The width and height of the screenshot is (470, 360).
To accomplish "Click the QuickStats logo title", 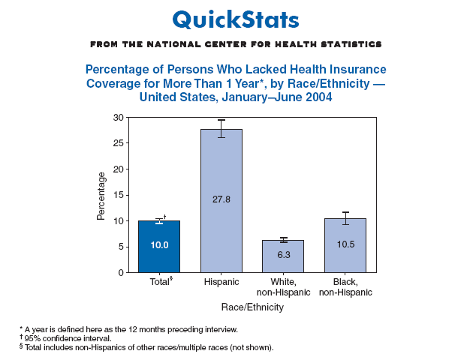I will [235, 18].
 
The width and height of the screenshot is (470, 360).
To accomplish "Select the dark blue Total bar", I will [158, 247].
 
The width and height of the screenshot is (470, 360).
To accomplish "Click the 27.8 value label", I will [221, 199].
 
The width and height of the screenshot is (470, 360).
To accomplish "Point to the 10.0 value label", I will [158, 244].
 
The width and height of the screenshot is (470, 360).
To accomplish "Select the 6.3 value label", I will [283, 254].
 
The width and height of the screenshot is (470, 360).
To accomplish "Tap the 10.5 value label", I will [345, 244].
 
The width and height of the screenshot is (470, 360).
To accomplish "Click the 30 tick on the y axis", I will [118, 118].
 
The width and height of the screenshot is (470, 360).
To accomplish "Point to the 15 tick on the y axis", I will [118, 195].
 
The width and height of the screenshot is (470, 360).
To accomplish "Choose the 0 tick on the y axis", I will [120, 272].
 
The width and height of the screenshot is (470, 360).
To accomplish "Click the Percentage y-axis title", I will [101, 195].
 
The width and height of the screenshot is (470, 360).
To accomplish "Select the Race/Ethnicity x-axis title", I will [252, 307].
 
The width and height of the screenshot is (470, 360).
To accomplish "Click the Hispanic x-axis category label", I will [221, 282].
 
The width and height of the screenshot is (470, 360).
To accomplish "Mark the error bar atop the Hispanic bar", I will [221, 128].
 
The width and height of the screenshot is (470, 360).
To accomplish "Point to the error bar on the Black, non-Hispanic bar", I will [345, 217].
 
